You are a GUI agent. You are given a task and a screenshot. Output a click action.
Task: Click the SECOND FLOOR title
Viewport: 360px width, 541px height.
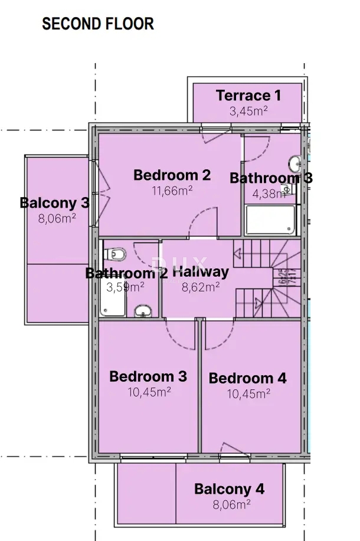pos(98,24)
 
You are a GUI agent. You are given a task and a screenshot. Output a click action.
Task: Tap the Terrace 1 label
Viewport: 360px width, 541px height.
pos(248,95)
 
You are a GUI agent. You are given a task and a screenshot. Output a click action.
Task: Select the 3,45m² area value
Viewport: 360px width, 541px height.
pos(248,110)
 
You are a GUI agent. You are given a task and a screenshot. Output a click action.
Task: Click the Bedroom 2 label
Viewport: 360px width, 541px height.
pos(172,175)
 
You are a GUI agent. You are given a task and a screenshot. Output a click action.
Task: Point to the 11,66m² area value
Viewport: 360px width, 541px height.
pos(172,190)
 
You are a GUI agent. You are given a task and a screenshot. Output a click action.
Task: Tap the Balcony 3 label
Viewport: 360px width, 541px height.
pos(54,203)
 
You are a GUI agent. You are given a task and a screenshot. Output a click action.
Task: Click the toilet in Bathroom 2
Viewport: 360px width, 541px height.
pos(115,254)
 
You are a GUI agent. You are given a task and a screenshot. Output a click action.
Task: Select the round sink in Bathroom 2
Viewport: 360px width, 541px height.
pos(142,310)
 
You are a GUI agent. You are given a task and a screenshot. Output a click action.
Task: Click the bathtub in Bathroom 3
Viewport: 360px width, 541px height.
pos(269,220)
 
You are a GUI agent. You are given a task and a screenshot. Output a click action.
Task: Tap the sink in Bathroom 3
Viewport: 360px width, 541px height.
pos(295,164)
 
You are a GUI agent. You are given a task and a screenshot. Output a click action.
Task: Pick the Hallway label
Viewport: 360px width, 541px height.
pos(201,271)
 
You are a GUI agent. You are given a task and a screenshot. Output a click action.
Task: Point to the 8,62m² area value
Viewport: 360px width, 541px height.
pos(201,287)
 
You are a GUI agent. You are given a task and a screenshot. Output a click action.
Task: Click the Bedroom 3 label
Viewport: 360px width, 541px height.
pos(148,376)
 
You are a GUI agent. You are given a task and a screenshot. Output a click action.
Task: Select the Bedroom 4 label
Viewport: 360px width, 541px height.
pos(248,378)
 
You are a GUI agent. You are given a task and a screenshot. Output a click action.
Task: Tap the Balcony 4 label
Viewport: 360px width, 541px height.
pos(230,488)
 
